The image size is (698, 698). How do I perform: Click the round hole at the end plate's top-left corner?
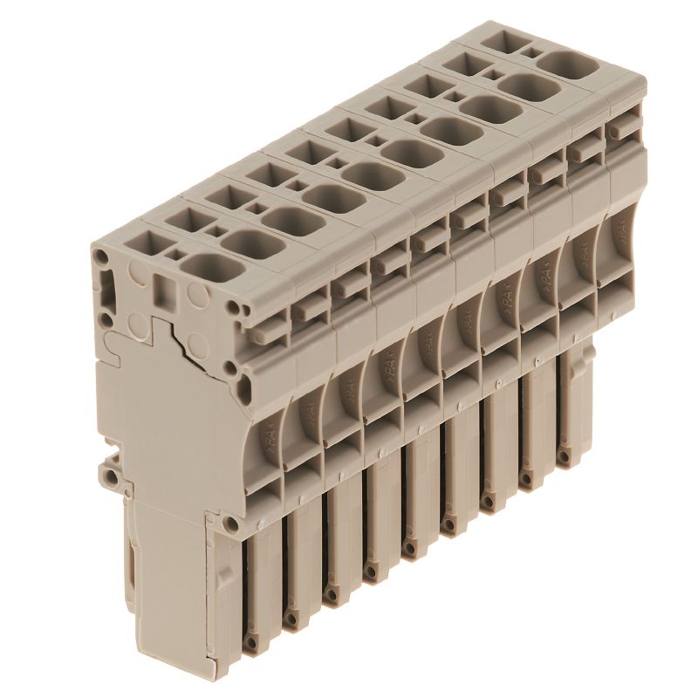(103, 257)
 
